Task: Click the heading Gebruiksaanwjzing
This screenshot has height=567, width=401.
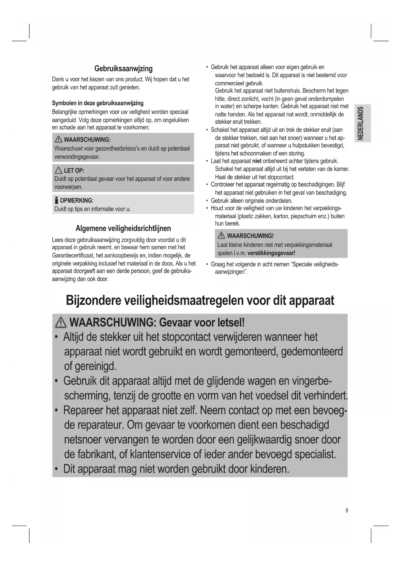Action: tap(123, 69)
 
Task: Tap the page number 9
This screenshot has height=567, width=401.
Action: tap(347, 511)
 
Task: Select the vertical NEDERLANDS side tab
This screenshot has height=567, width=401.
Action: tap(362, 123)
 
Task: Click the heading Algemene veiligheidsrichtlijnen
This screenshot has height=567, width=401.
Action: tap(123, 228)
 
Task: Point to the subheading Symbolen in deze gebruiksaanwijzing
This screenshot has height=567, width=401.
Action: tap(98, 103)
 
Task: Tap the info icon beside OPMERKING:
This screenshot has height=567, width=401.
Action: tap(57, 200)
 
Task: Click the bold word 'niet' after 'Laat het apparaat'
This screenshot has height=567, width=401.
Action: tap(257, 161)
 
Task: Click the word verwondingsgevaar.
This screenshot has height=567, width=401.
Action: tap(77, 157)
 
